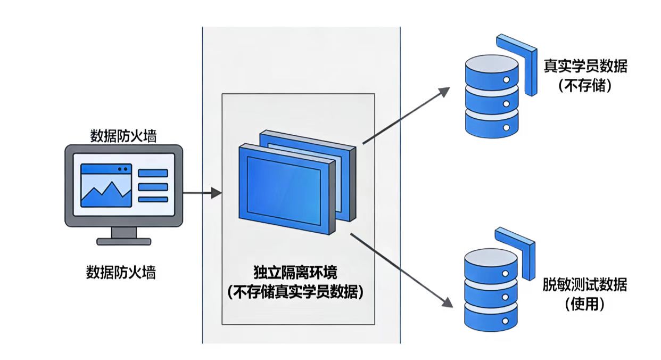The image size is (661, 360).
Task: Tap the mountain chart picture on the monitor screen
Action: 106,190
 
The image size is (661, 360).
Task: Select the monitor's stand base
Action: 123,241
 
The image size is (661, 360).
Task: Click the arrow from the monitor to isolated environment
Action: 202,193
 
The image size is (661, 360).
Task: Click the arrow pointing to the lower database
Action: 402,270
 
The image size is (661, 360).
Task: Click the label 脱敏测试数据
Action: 585,284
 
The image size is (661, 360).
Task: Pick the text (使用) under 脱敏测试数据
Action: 585,304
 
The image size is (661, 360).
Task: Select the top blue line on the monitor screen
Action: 153,173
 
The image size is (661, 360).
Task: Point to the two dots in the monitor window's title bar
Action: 123,169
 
